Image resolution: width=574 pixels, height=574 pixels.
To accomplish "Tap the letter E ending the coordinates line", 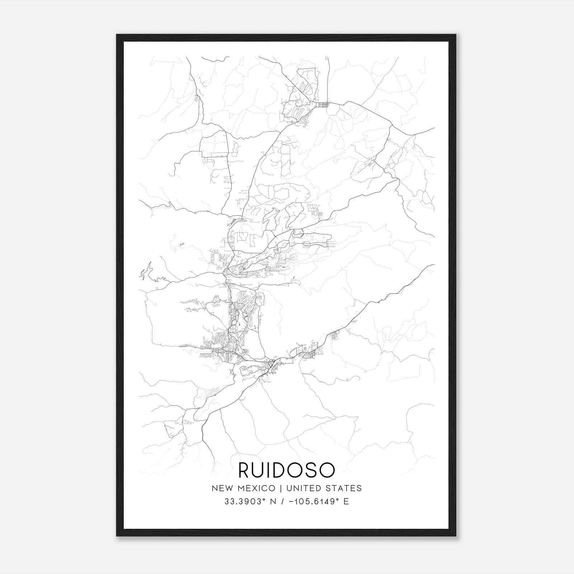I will coord(346,502).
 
